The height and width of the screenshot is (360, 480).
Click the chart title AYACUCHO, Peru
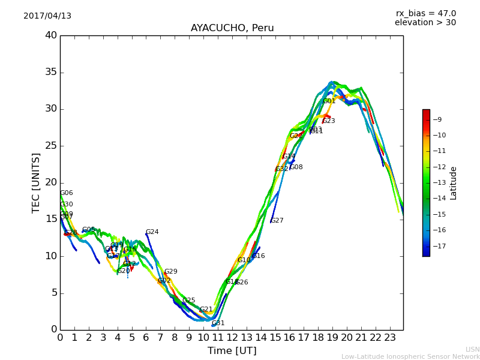[x=232, y=28]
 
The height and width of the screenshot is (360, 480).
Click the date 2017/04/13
[x=47, y=16]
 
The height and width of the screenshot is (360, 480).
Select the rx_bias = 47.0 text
[x=425, y=13]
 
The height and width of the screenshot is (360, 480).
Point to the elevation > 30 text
[x=425, y=23]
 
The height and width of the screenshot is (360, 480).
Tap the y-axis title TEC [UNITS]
[x=36, y=182]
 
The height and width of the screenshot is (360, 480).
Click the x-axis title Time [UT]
[x=232, y=351]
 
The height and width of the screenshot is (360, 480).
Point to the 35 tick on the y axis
[x=51, y=73]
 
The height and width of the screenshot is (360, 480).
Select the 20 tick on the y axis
[x=51, y=182]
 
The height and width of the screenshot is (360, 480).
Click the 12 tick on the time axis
[x=232, y=337]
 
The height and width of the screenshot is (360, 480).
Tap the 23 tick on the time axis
[x=390, y=337]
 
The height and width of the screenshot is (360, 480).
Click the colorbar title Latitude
[x=454, y=183]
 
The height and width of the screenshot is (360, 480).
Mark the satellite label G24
[x=152, y=232]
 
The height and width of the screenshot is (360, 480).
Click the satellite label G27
[x=277, y=221]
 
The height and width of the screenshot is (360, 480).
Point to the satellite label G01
[x=329, y=101]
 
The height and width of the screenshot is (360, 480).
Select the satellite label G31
[x=218, y=323]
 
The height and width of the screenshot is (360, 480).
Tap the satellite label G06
[x=66, y=193]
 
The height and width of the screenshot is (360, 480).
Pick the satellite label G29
[x=170, y=272]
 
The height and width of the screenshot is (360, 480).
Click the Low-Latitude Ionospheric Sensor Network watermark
[x=410, y=357]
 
